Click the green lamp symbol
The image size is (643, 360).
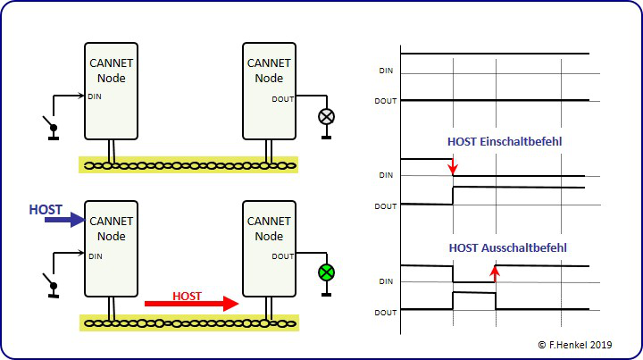(326, 272)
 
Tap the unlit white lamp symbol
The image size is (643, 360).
(326, 116)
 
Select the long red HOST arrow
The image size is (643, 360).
(192, 305)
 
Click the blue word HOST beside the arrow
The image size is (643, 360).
(46, 209)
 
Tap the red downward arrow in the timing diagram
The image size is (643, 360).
(453, 167)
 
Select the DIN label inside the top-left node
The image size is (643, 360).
(95, 97)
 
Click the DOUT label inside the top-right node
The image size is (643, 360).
(282, 99)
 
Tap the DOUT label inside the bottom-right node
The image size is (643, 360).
(282, 256)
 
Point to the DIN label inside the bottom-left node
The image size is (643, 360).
(95, 255)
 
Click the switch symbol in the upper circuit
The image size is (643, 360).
(52, 128)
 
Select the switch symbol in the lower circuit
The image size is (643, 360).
(52, 285)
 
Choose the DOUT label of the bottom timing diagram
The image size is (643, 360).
(385, 312)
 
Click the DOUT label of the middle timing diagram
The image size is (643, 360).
(385, 205)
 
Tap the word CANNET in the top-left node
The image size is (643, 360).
(111, 63)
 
